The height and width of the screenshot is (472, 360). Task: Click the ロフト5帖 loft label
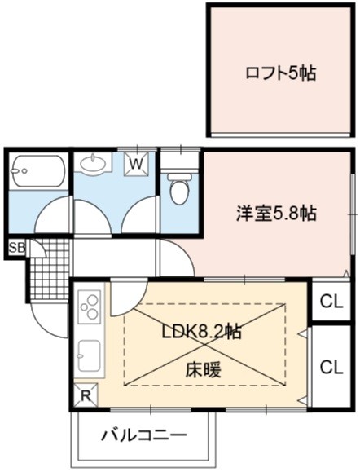point(280,73)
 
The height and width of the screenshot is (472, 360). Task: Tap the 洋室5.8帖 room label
point(276,214)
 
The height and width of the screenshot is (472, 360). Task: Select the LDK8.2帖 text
point(201,332)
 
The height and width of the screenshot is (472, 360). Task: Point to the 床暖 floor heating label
point(203,369)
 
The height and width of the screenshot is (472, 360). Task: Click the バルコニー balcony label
point(144,435)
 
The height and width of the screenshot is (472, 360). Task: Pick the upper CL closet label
point(331,302)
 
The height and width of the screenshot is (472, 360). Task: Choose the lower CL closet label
point(331,367)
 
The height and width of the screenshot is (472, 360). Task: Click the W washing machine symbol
point(137,164)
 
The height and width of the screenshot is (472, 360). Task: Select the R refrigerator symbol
point(86,395)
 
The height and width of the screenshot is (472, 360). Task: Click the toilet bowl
point(179,187)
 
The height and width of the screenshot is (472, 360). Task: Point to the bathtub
point(38,170)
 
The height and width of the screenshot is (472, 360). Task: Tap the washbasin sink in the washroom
point(93,164)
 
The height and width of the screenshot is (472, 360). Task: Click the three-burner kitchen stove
point(90,307)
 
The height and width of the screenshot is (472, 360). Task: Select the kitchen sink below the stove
point(90,355)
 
